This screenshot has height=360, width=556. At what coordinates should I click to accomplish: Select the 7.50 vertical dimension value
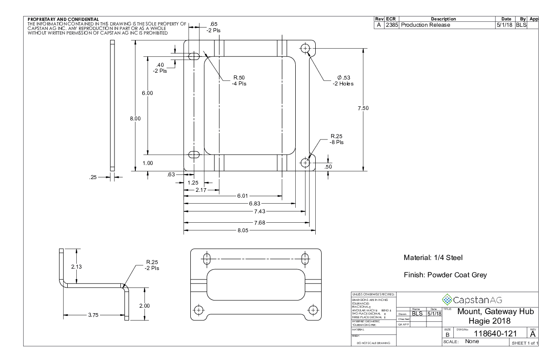(x=363, y=108)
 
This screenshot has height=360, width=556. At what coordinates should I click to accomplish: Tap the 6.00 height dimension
(x=148, y=93)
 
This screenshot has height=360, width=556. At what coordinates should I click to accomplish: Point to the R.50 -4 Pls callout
(x=239, y=80)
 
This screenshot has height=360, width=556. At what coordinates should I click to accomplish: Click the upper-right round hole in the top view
(x=305, y=47)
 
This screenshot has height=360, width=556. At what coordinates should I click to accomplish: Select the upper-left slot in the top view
(x=194, y=56)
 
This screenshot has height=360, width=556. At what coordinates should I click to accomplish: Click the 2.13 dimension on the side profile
(x=77, y=266)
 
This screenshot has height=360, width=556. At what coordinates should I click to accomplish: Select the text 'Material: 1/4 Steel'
(x=433, y=258)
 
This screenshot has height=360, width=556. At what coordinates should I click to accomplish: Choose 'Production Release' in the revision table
(x=425, y=25)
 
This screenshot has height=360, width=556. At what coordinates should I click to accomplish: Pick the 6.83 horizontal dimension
(x=255, y=203)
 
